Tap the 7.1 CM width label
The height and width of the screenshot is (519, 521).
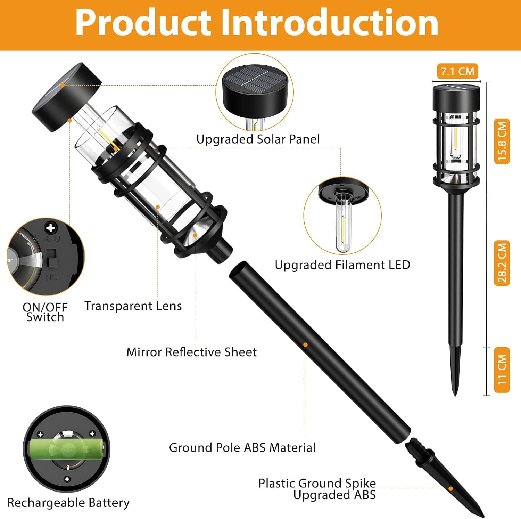tap(457, 71)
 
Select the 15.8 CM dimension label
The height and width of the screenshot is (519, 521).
tap(502, 141)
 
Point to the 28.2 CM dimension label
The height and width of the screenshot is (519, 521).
tap(502, 263)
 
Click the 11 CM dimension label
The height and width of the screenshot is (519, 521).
tap(502, 370)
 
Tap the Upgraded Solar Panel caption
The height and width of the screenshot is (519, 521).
tap(258, 139)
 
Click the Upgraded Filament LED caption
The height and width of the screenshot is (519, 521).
tap(342, 265)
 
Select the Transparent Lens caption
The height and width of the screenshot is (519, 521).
tap(133, 306)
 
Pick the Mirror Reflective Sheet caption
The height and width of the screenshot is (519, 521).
tap(191, 352)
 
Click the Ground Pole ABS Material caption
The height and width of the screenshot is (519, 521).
tap(242, 447)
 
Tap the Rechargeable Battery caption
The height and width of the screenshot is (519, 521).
tap(68, 503)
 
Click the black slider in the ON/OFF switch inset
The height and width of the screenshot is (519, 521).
tap(51, 258)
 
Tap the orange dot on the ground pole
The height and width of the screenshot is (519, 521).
tap(305, 345)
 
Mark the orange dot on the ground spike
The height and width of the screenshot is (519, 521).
tap(450, 489)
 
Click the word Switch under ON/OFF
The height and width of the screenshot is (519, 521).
tap(45, 317)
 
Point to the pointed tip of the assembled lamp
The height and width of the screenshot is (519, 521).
tap(455, 395)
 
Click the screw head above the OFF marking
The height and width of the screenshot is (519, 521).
tap(51, 228)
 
